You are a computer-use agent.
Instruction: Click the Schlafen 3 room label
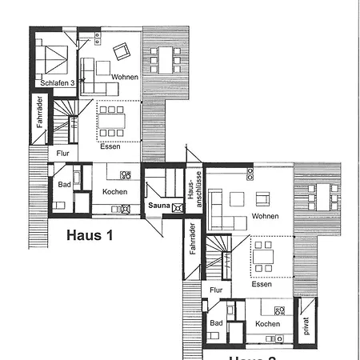pyautogui.click(x=56, y=82)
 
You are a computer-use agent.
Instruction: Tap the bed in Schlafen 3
pyautogui.click(x=54, y=59)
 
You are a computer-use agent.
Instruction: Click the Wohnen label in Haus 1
pyautogui.click(x=125, y=77)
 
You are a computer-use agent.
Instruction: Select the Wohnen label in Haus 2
pyautogui.click(x=265, y=216)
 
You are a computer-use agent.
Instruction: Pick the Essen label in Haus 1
pyautogui.click(x=110, y=146)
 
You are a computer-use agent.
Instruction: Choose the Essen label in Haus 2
pyautogui.click(x=261, y=284)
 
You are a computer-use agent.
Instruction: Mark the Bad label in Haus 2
pyautogui.click(x=216, y=323)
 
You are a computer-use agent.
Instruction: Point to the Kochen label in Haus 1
pyautogui.click(x=115, y=192)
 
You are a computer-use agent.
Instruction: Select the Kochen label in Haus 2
pyautogui.click(x=267, y=323)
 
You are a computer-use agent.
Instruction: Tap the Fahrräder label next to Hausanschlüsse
pyautogui.click(x=193, y=241)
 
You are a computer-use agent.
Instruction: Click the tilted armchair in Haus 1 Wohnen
pyautogui.click(x=121, y=53)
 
